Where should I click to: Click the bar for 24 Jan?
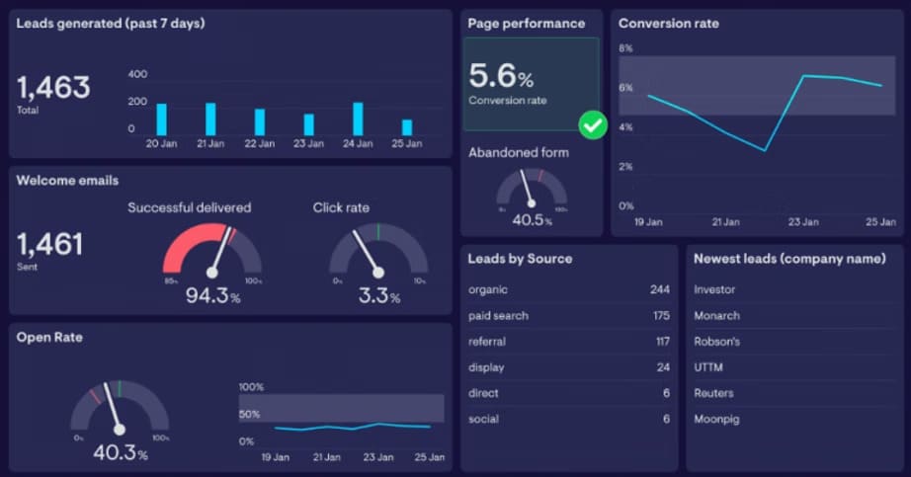(x=358, y=119)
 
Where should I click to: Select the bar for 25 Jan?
(x=407, y=127)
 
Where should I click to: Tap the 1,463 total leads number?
(x=53, y=88)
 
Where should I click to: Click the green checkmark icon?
(x=592, y=125)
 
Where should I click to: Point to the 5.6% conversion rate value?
(x=501, y=75)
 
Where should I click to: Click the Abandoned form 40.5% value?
(x=531, y=220)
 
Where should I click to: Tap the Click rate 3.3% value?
(x=377, y=295)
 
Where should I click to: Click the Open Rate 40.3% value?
(x=120, y=453)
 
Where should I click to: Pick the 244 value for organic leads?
(x=660, y=290)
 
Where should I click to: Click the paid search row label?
(x=498, y=316)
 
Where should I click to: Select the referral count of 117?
(x=661, y=342)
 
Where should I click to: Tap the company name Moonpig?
(x=718, y=419)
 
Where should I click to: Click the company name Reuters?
(x=713, y=393)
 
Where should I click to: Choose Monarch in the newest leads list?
(x=716, y=316)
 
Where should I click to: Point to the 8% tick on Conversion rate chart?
(x=624, y=48)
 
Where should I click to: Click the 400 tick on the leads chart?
(x=137, y=74)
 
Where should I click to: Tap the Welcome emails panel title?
(x=67, y=181)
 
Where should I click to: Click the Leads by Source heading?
(x=520, y=259)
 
